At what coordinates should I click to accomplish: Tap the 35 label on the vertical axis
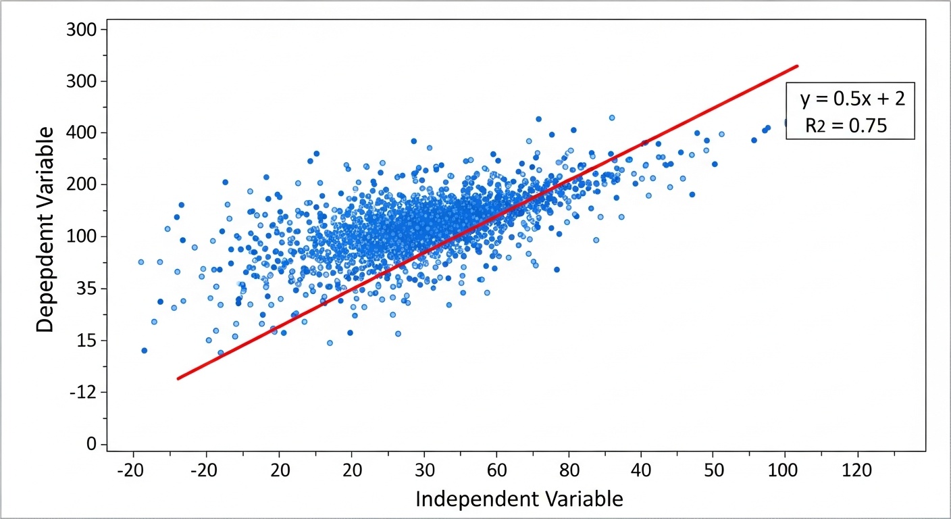(88, 289)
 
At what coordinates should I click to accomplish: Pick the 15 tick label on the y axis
(88, 341)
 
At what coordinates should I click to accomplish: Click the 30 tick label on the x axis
(423, 469)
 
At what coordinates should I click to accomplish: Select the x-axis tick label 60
(496, 469)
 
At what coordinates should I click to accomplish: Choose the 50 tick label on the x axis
(713, 469)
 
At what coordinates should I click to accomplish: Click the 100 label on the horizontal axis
(785, 469)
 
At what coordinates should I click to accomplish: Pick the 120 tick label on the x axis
(857, 469)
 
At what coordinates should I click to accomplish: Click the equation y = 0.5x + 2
(852, 99)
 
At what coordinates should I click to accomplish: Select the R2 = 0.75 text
(845, 125)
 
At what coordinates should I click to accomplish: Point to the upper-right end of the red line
(798, 66)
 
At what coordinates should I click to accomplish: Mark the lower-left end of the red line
(178, 378)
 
